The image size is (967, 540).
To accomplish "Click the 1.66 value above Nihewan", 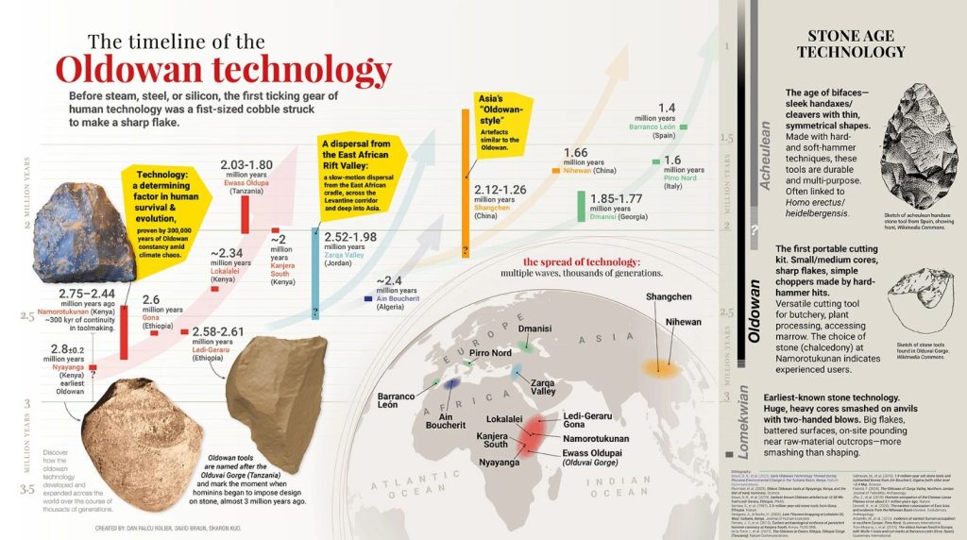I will (575, 153).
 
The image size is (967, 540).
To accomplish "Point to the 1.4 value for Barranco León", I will (667, 108).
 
